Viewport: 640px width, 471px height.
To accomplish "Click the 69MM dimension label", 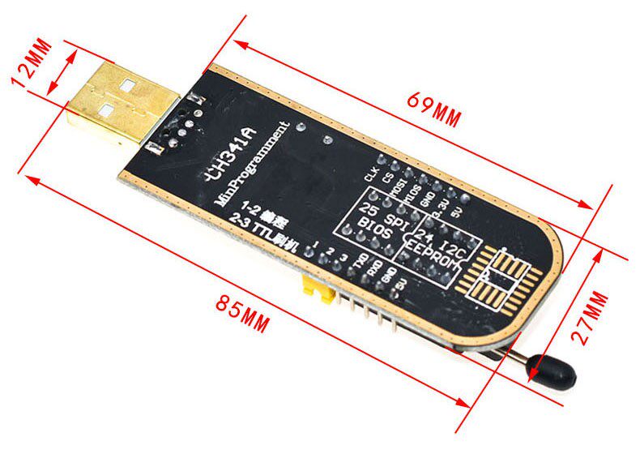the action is [x=434, y=111].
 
